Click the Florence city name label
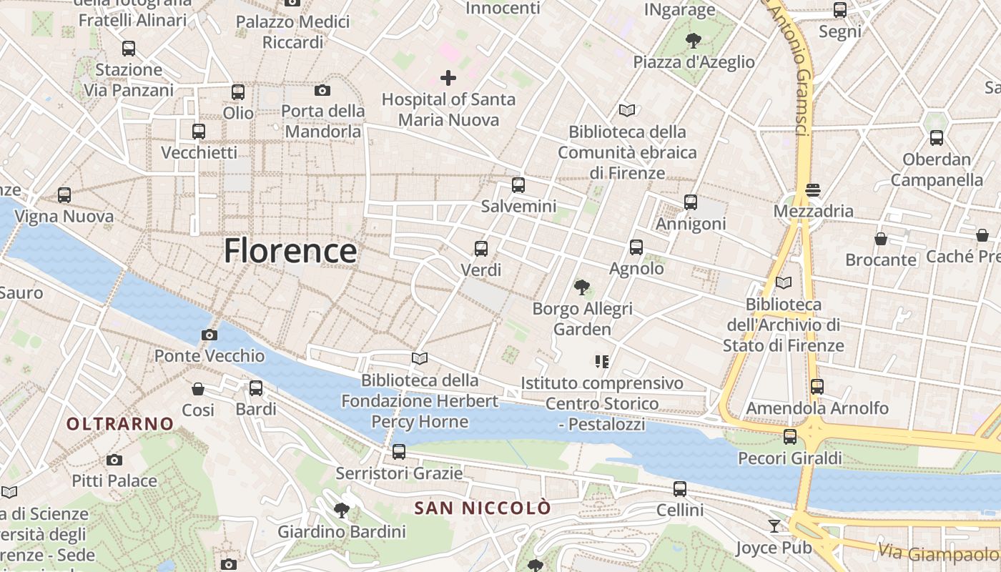point(290,251)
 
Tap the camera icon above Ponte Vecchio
point(209,335)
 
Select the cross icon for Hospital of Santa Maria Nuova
point(448,77)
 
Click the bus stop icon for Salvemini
point(518,185)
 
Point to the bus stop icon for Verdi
point(481,249)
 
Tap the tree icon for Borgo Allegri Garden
point(582,287)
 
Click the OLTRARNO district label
point(120,424)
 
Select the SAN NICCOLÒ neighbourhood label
point(483,508)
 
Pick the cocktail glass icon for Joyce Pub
point(774,526)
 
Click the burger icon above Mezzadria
point(812,190)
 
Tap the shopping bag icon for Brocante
point(881,239)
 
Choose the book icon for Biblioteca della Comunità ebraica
point(627,111)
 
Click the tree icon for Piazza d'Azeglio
point(693,41)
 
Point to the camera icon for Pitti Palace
point(114,460)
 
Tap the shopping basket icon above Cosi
point(198,389)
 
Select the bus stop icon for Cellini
point(680,489)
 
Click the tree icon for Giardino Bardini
point(342,511)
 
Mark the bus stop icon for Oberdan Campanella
point(937,138)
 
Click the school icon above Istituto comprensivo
point(602,362)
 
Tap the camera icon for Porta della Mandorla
point(322,90)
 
